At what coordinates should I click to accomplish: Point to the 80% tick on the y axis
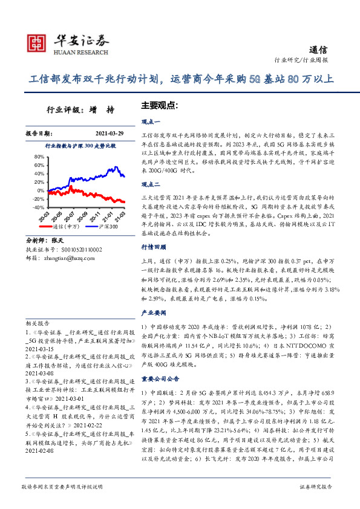pyautogui.click(x=39, y=155)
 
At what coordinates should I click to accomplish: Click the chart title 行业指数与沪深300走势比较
pyautogui.click(x=80, y=146)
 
